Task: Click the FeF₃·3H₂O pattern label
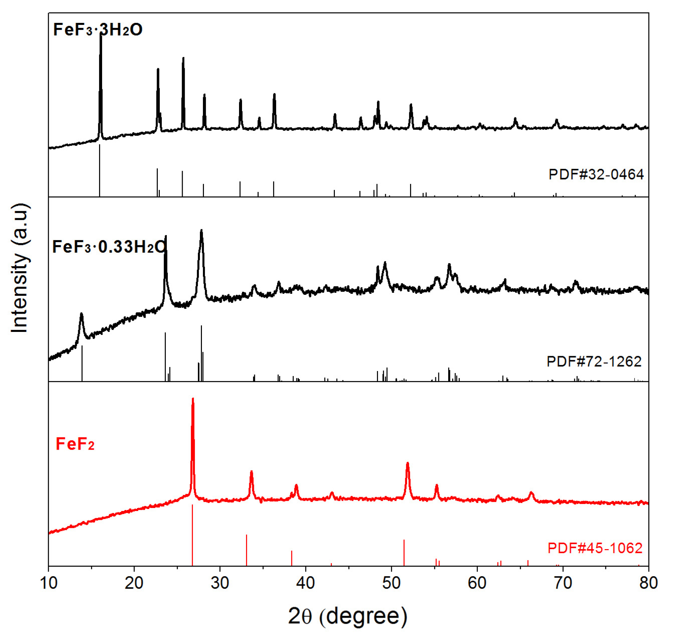pyautogui.click(x=98, y=30)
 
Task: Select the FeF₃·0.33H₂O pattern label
pyautogui.click(x=109, y=247)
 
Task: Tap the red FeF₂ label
pyautogui.click(x=75, y=444)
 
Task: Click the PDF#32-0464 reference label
pyautogui.click(x=596, y=174)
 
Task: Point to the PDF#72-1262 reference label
pyautogui.click(x=594, y=362)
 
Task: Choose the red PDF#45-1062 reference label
pyautogui.click(x=595, y=548)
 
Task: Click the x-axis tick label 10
pyautogui.click(x=48, y=583)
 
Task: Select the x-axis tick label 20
pyautogui.click(x=134, y=583)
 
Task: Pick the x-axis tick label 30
pyautogui.click(x=220, y=583)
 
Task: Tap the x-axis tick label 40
pyautogui.click(x=306, y=583)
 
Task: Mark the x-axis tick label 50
pyautogui.click(x=392, y=583)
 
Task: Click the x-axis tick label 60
pyautogui.click(x=477, y=583)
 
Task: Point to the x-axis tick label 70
pyautogui.click(x=563, y=583)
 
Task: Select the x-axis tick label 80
pyautogui.click(x=648, y=583)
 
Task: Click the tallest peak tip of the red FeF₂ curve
pyautogui.click(x=193, y=399)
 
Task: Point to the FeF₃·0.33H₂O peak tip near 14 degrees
pyautogui.click(x=81, y=314)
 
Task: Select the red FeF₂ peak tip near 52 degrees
pyautogui.click(x=407, y=463)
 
